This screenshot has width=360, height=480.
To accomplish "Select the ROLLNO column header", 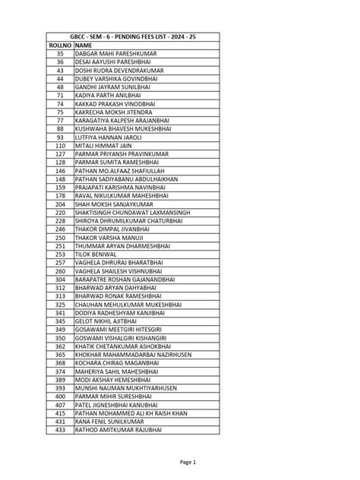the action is pos(60,46).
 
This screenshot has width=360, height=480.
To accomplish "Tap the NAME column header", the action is pos(83,46).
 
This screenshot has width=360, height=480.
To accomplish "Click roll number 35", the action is pos(60,54).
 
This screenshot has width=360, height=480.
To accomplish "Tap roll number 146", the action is pos(60,170).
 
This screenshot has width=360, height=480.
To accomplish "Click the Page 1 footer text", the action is pos(188,462).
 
